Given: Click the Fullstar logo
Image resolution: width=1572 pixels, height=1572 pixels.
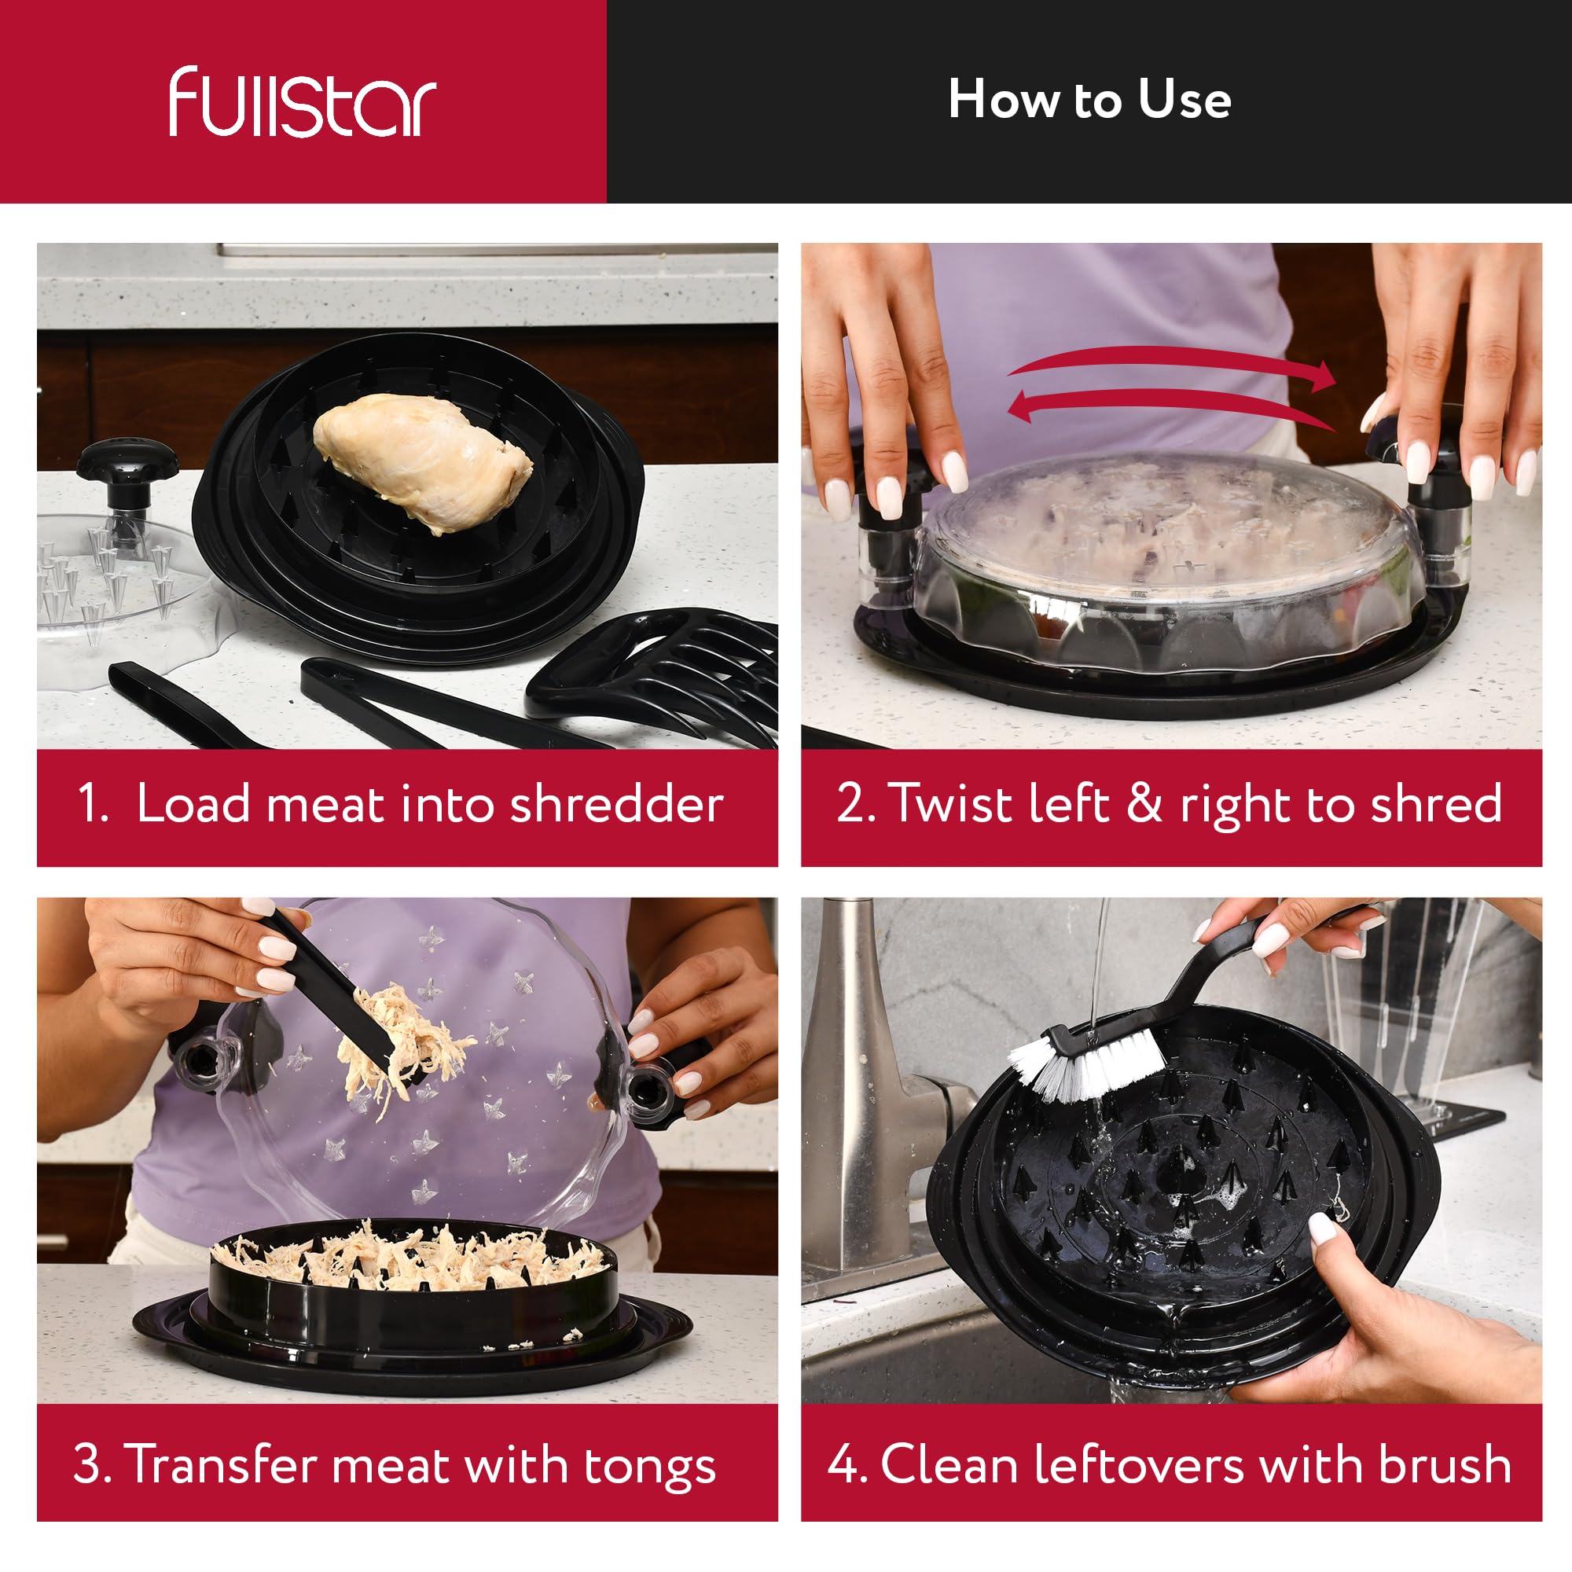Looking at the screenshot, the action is click(303, 101).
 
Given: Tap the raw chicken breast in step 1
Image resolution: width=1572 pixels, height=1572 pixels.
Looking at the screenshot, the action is click(423, 461).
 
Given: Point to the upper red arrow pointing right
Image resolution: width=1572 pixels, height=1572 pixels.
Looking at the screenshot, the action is click(1172, 365).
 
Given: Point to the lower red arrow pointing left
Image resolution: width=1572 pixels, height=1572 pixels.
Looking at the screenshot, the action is click(1172, 407).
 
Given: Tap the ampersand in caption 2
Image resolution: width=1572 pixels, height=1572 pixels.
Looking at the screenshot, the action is click(1144, 803).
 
